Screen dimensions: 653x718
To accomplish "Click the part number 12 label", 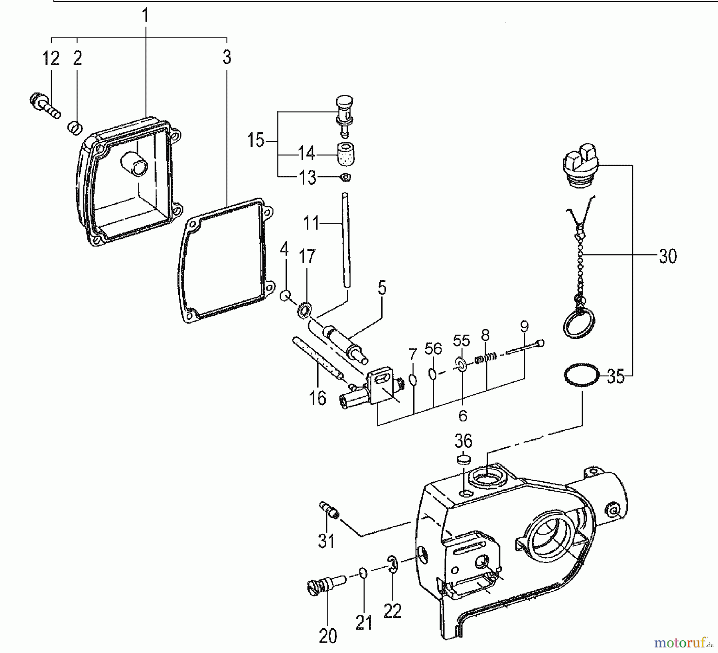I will click(x=51, y=59).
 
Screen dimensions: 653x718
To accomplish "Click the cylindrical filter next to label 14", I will click(x=346, y=153).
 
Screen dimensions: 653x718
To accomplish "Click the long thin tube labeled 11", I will click(x=345, y=239).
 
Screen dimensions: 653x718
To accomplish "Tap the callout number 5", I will click(x=382, y=288).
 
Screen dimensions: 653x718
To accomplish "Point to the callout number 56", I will click(x=433, y=349).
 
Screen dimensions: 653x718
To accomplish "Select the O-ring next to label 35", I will click(x=582, y=375).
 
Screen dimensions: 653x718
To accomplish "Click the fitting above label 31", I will click(x=329, y=510).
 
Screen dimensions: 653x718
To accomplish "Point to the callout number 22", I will click(x=392, y=611).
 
